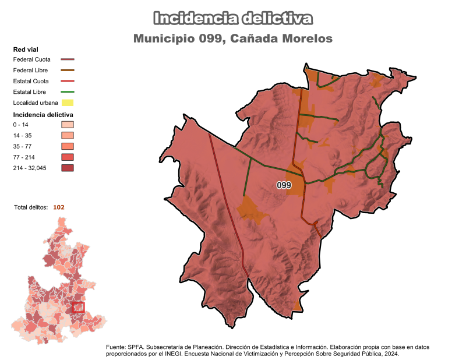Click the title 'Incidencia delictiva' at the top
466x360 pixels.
point(233,19)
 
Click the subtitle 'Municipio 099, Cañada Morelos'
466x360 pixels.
point(233,38)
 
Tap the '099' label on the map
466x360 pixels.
point(284,185)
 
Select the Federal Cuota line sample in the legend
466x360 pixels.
point(68,59)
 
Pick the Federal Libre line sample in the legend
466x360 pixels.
point(68,70)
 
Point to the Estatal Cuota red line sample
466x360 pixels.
point(68,81)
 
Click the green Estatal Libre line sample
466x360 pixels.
point(68,92)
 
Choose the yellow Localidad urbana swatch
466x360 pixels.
point(68,103)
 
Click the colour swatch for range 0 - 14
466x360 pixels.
point(68,125)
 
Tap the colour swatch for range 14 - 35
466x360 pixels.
point(68,136)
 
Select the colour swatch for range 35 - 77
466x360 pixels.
point(68,146)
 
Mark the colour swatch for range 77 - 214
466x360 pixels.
point(68,157)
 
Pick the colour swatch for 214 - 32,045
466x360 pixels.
point(68,168)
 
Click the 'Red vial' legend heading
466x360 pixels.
point(26,49)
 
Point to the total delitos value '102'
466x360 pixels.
point(58,207)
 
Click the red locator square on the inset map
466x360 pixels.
point(79,307)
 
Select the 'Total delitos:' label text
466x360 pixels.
point(31,207)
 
